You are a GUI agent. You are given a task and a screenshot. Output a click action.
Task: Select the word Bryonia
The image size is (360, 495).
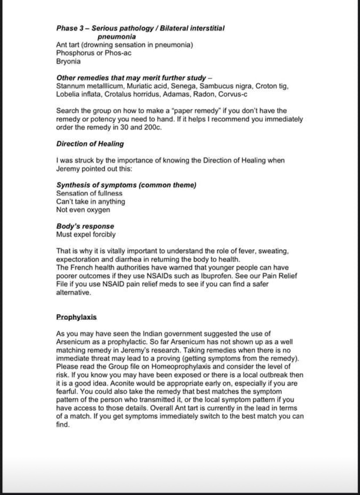pyautogui.click(x=68, y=61)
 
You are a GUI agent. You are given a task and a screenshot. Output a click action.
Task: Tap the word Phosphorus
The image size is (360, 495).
pyautogui.click(x=73, y=53)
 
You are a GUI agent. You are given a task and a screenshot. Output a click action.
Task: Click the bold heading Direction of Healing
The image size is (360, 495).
pyautogui.click(x=90, y=144)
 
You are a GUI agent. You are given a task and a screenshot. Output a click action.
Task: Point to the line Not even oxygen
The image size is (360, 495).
pyautogui.click(x=83, y=210)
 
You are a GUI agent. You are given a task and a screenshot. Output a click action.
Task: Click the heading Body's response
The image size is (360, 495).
pyautogui.click(x=85, y=226)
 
